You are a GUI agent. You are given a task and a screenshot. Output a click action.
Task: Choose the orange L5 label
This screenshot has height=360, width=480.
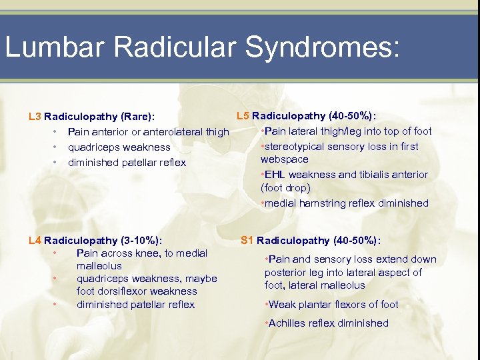[243, 115]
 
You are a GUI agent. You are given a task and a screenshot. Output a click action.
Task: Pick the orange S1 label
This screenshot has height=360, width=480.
[247, 241]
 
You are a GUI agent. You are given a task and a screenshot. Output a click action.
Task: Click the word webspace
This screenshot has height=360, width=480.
[285, 159]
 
